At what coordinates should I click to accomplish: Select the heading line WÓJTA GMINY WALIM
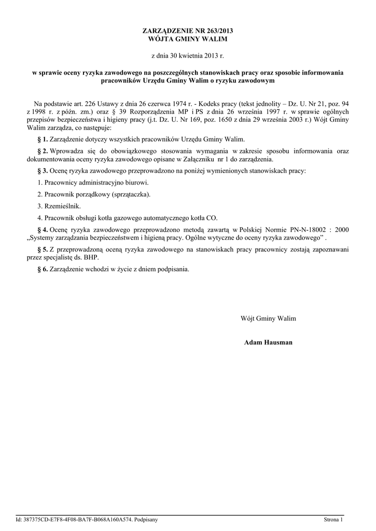pos(188,39)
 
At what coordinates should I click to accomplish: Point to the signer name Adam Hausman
pos(268,343)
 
